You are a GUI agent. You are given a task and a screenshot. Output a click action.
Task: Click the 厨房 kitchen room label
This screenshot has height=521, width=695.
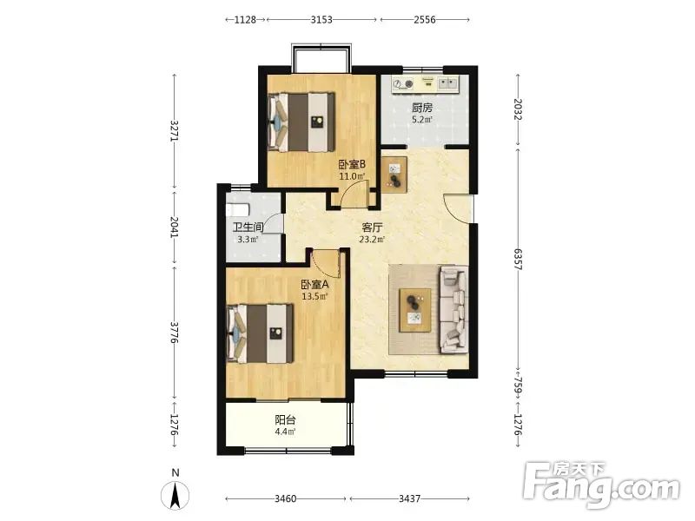[421, 108]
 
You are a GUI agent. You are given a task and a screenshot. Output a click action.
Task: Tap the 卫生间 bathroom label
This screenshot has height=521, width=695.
[248, 228]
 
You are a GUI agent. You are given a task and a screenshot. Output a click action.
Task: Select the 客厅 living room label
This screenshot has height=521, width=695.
[372, 228]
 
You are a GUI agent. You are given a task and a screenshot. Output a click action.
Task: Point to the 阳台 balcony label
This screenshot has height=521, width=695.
[285, 419]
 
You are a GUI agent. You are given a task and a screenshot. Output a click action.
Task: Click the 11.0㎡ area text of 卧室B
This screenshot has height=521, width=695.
[352, 176]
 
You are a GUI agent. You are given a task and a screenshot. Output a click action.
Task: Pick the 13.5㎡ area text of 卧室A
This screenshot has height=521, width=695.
[314, 296]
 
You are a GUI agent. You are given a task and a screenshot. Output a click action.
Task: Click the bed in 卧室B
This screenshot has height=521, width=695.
[301, 122]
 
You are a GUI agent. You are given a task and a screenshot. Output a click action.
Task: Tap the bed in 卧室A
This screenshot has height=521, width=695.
[260, 333]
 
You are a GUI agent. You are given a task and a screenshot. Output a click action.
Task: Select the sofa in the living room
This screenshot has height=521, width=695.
[453, 309]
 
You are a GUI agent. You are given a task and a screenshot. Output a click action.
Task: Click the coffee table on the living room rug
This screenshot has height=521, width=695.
[415, 310]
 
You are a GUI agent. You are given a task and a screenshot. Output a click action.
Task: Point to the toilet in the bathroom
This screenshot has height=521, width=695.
[237, 209]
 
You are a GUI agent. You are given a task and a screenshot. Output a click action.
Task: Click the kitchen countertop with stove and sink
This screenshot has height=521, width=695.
[426, 83]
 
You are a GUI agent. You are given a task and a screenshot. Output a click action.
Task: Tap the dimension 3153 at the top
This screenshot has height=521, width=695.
[321, 19]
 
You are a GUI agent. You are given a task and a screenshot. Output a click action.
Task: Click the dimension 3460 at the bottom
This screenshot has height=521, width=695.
[286, 498]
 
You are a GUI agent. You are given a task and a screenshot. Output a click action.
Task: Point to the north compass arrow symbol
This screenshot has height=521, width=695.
[175, 495]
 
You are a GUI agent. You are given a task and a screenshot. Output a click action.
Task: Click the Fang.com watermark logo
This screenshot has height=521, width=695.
[601, 485]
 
